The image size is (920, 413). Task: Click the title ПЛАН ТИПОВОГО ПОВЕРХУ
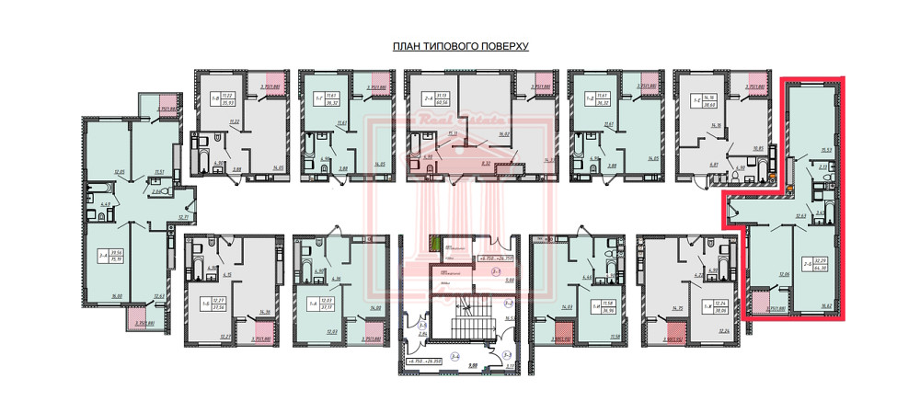click(x=459, y=46)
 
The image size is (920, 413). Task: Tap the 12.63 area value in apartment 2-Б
click(x=774, y=215)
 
